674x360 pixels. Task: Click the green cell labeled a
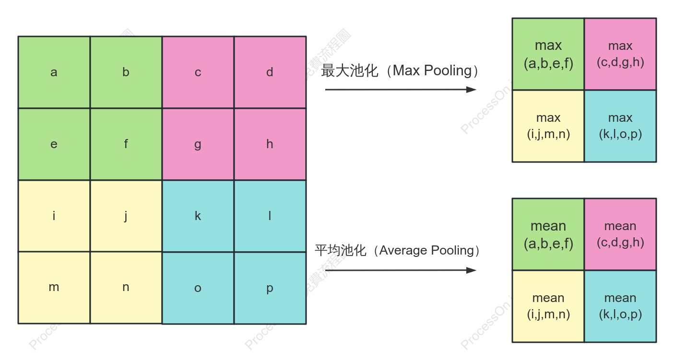(54, 72)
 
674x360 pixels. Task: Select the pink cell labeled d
(270, 72)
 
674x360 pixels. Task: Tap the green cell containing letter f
(126, 144)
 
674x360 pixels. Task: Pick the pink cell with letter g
(198, 144)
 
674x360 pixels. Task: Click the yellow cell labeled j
(126, 216)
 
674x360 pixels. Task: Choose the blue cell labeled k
(198, 216)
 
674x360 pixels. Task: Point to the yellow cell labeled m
(54, 288)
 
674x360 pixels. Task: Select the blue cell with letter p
(270, 288)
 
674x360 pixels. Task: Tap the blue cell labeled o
(198, 288)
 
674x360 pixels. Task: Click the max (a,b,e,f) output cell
(548, 54)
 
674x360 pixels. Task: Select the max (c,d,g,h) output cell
(620, 54)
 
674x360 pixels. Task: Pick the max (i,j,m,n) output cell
(548, 126)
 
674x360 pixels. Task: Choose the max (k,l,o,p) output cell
(620, 126)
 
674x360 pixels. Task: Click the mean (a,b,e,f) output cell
(548, 234)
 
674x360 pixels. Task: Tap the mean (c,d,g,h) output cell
(620, 234)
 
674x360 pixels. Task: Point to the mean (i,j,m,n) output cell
(548, 306)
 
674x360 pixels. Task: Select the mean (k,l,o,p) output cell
(620, 306)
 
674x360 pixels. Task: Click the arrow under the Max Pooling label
(401, 90)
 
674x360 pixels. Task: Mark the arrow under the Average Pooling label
(401, 270)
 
